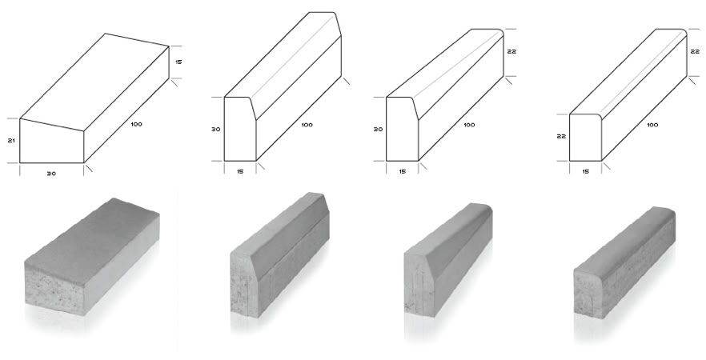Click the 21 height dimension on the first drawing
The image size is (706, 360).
pos(12,141)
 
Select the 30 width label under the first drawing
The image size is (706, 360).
pos(52,174)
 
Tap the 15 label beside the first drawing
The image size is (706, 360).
pos(179,62)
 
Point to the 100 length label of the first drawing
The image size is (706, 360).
pos(136,124)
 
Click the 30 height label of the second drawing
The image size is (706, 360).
pos(216,129)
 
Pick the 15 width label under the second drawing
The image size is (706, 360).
pos(240,171)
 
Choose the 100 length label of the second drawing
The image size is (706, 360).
pos(307,125)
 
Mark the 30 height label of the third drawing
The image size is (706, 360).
pos(378,129)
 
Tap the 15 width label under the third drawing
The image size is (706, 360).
pos(402,171)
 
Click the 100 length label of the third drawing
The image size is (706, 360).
pos(469,125)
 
